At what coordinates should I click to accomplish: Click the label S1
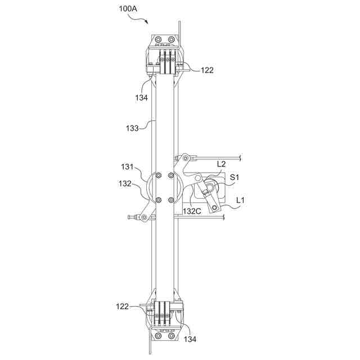tap(236, 178)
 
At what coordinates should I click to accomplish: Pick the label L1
tap(240, 200)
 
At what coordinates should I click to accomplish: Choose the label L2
tap(222, 164)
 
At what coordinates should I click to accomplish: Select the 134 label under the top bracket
tap(141, 97)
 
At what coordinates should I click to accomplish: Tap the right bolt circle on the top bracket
tap(172, 40)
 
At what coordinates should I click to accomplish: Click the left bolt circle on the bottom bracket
tap(157, 336)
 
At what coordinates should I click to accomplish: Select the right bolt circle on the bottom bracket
tap(172, 336)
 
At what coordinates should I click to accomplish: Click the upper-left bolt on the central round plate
tap(157, 175)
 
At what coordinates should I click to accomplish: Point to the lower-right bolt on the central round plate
tap(172, 200)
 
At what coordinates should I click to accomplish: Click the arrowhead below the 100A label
tap(147, 22)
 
